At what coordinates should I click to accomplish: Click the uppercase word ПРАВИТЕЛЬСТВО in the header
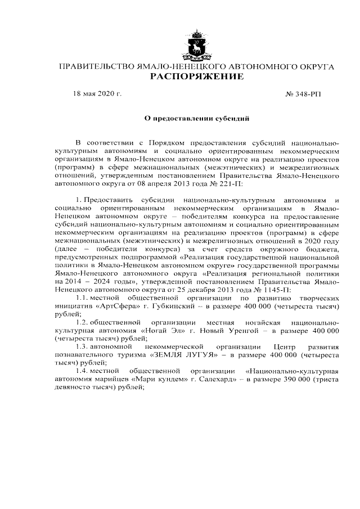pos(93,67)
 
